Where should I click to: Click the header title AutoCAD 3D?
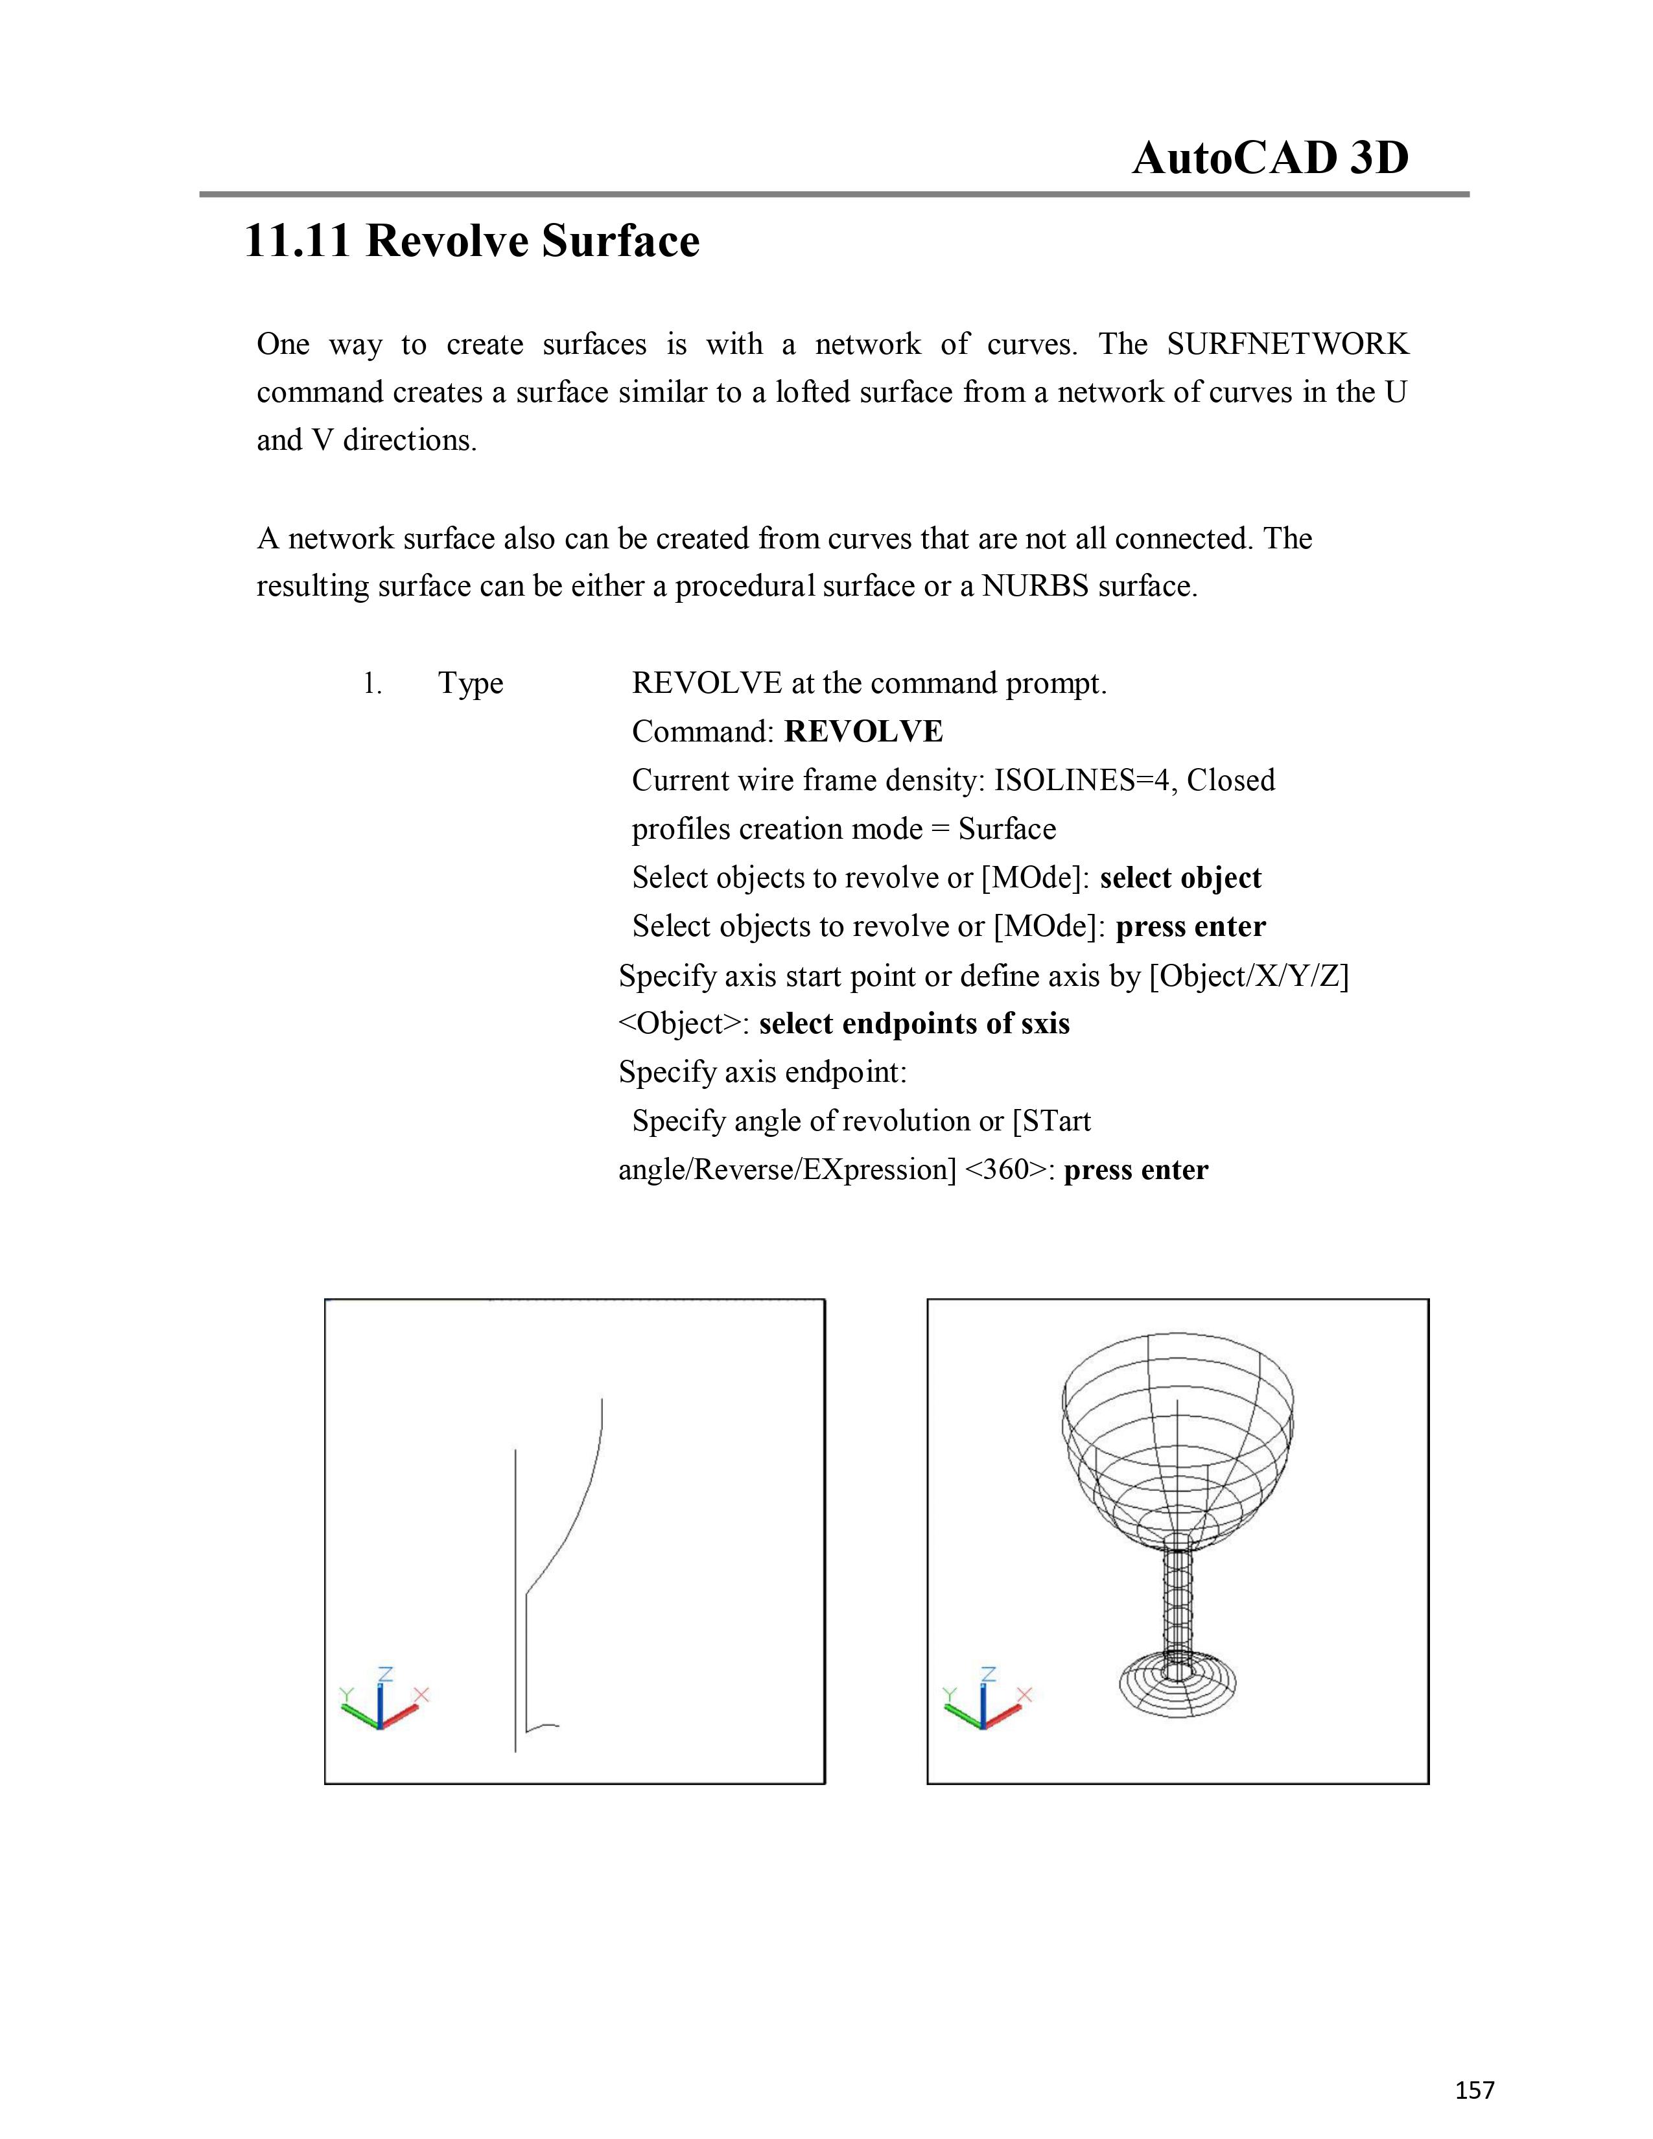1270,158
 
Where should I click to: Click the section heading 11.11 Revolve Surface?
471,241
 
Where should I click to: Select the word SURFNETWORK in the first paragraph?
1287,345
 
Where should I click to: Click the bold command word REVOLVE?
863,732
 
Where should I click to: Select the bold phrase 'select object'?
1180,878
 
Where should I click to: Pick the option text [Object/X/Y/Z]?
1249,976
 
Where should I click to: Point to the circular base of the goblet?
1178,1687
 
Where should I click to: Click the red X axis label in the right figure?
1024,1694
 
